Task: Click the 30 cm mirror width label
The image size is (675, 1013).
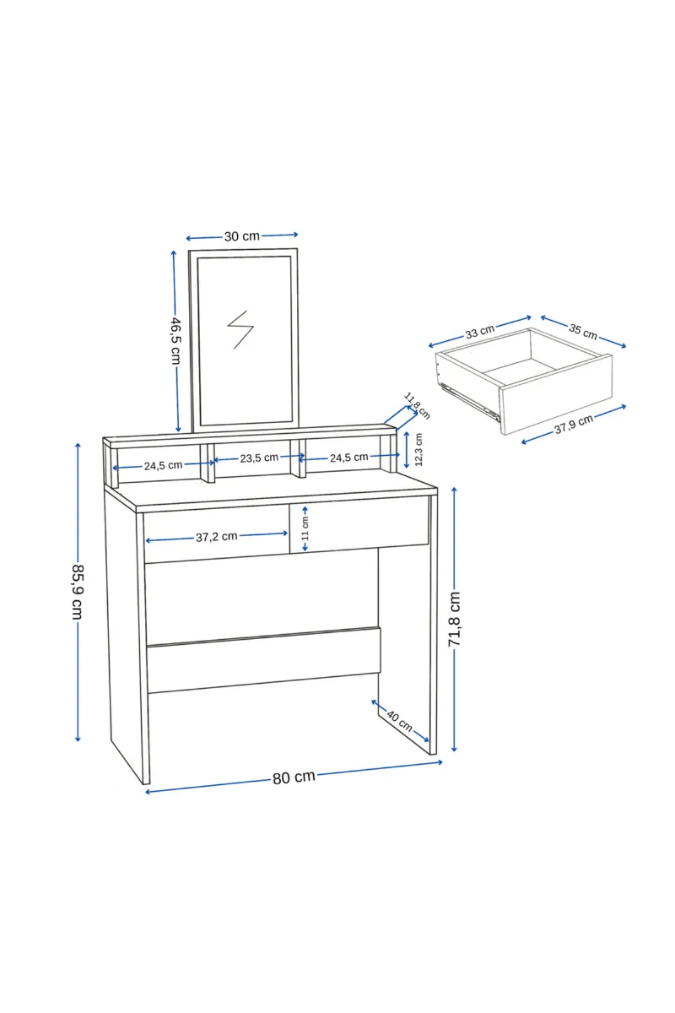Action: (x=242, y=236)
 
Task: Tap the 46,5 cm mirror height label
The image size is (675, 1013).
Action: (x=175, y=340)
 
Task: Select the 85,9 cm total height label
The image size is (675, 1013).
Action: (x=78, y=592)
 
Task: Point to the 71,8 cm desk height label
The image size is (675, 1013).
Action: (x=455, y=619)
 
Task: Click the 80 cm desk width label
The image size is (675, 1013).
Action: (x=294, y=777)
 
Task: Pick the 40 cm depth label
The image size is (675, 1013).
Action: (x=400, y=720)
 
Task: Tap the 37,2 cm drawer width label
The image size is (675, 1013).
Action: (x=217, y=537)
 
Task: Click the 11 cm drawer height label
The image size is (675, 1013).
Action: (x=305, y=528)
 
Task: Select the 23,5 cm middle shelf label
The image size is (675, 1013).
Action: (x=259, y=458)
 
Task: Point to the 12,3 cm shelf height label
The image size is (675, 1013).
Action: (x=418, y=449)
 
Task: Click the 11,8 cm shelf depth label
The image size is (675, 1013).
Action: (x=417, y=406)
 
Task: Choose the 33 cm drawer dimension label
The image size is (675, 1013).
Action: (x=480, y=332)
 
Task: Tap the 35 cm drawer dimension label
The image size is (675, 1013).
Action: (x=583, y=332)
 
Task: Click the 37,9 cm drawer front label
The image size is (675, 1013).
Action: (x=574, y=424)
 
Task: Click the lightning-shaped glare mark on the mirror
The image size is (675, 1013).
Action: (x=240, y=330)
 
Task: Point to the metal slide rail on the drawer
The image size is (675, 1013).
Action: (x=468, y=399)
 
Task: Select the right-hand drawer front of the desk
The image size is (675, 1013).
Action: (x=359, y=524)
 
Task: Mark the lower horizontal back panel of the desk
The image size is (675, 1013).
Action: (x=263, y=660)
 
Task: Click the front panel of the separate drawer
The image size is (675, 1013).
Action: (x=556, y=394)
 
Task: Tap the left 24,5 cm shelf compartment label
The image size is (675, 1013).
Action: (x=163, y=465)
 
